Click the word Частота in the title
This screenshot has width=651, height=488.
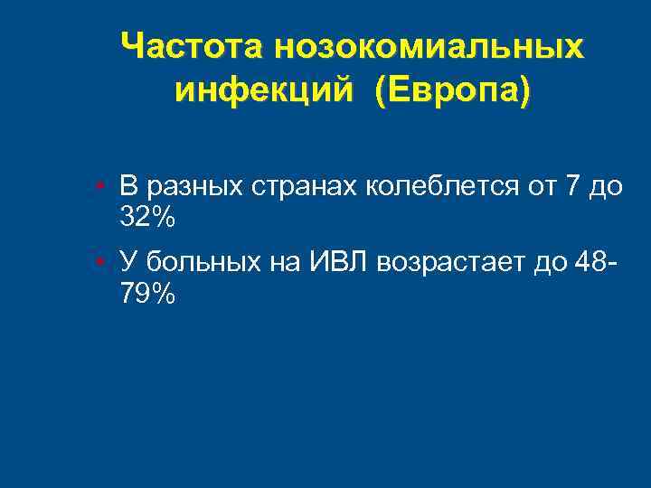(193, 46)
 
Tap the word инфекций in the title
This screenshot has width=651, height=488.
(264, 90)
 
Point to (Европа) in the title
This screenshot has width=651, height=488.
(456, 90)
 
